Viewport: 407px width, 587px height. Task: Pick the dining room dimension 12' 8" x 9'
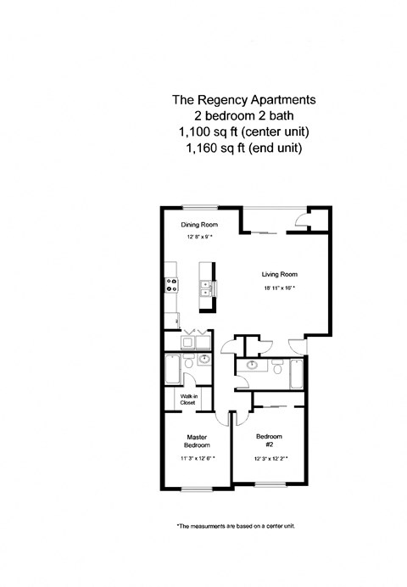coord(199,238)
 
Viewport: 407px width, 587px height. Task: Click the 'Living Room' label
coord(279,275)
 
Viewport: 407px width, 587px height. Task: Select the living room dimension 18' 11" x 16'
coord(279,289)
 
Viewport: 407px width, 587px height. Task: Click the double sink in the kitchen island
coord(204,293)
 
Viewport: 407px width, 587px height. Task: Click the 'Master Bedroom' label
coord(198,441)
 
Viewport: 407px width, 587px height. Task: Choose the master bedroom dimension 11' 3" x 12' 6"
coord(198,459)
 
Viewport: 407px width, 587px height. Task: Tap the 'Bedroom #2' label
coord(270,439)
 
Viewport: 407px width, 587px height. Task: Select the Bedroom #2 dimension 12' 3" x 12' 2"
coord(270,459)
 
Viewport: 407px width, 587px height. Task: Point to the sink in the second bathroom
coord(250,366)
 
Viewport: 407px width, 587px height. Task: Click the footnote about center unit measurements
coord(235,526)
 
